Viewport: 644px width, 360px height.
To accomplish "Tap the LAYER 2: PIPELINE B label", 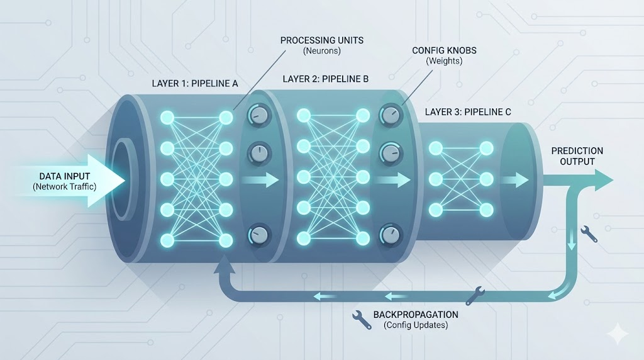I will coord(325,79).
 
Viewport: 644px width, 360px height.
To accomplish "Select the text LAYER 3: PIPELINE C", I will coord(467,112).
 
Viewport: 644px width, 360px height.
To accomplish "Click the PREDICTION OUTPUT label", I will coord(577,156).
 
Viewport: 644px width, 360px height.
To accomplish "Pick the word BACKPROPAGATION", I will coord(415,314).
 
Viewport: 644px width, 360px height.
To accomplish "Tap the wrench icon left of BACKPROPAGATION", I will coord(362,317).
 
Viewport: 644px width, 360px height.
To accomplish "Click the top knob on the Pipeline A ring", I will coord(258,115).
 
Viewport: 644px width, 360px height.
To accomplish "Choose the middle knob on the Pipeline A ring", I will coord(258,153).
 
